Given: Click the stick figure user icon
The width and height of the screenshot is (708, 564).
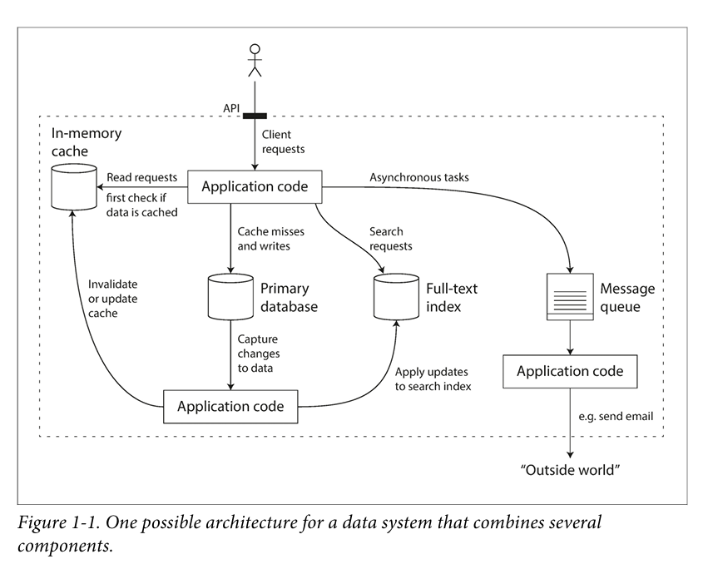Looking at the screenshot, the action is [x=255, y=60].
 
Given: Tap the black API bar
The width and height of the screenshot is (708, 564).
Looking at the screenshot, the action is [x=255, y=116].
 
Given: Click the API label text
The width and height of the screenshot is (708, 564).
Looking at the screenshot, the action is [x=231, y=108].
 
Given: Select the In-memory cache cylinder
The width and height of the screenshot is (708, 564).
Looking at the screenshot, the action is [x=74, y=187].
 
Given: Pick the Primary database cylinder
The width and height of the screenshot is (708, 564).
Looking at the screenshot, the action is [x=230, y=297].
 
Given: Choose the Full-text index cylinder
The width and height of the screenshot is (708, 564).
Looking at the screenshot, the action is [x=397, y=297].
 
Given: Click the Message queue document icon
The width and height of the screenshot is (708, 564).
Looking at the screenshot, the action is [x=570, y=297].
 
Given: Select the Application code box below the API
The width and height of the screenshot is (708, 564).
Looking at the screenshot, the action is [x=255, y=186].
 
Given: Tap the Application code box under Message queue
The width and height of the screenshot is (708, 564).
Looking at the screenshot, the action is [x=570, y=371].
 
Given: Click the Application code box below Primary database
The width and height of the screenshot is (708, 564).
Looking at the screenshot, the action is [x=230, y=407].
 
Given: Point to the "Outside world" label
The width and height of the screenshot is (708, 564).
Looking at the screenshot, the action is [x=570, y=470].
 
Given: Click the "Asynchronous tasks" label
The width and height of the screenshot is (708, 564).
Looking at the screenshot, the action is [x=419, y=177].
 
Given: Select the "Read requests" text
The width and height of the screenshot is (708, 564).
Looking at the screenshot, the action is [x=141, y=177].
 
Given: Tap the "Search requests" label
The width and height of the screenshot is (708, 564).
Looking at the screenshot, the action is [x=390, y=239].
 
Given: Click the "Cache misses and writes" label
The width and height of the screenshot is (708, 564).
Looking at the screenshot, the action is [x=271, y=239].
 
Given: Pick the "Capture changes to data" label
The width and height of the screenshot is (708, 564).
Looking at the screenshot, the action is [x=259, y=354].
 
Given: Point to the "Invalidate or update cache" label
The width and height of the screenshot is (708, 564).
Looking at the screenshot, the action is [x=113, y=299].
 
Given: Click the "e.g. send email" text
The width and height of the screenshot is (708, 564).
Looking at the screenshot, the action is [x=616, y=416].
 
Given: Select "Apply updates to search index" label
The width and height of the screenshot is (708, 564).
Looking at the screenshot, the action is [x=433, y=379].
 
